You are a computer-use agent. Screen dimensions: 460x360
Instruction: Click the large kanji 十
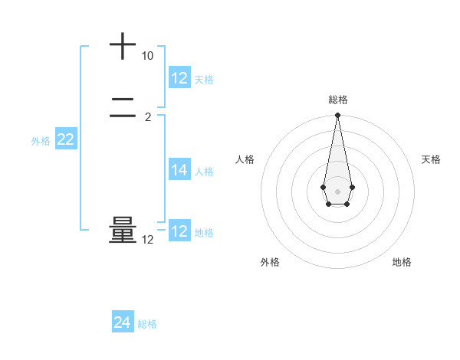click(123, 47)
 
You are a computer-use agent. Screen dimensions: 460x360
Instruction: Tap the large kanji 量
click(123, 231)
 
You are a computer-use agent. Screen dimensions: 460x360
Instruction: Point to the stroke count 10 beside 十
click(147, 57)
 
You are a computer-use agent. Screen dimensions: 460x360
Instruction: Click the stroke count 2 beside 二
click(148, 117)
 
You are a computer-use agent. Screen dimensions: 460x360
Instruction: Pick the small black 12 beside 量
click(147, 240)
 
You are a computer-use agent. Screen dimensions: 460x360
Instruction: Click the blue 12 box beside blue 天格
click(179, 78)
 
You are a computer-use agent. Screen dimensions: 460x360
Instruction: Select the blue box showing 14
click(179, 170)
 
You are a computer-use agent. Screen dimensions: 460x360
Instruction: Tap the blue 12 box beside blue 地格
click(179, 231)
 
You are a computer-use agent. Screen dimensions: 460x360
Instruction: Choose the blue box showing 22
click(66, 139)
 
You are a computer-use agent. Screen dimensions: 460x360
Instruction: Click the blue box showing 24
click(123, 323)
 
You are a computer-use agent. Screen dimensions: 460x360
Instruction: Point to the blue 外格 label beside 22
click(41, 141)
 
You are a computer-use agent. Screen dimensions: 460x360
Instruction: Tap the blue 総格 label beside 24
click(148, 324)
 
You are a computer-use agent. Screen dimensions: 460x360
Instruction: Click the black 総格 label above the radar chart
click(337, 100)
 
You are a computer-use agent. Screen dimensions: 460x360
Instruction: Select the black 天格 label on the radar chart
click(431, 159)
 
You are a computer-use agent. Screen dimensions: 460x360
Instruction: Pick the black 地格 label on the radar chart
click(402, 263)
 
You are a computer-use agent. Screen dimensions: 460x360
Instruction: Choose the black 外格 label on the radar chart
click(270, 263)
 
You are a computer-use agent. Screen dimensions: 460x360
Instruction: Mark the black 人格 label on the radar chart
click(245, 159)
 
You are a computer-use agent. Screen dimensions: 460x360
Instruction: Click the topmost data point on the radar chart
click(337, 115)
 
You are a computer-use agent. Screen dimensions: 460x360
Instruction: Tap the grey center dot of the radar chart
click(337, 191)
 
